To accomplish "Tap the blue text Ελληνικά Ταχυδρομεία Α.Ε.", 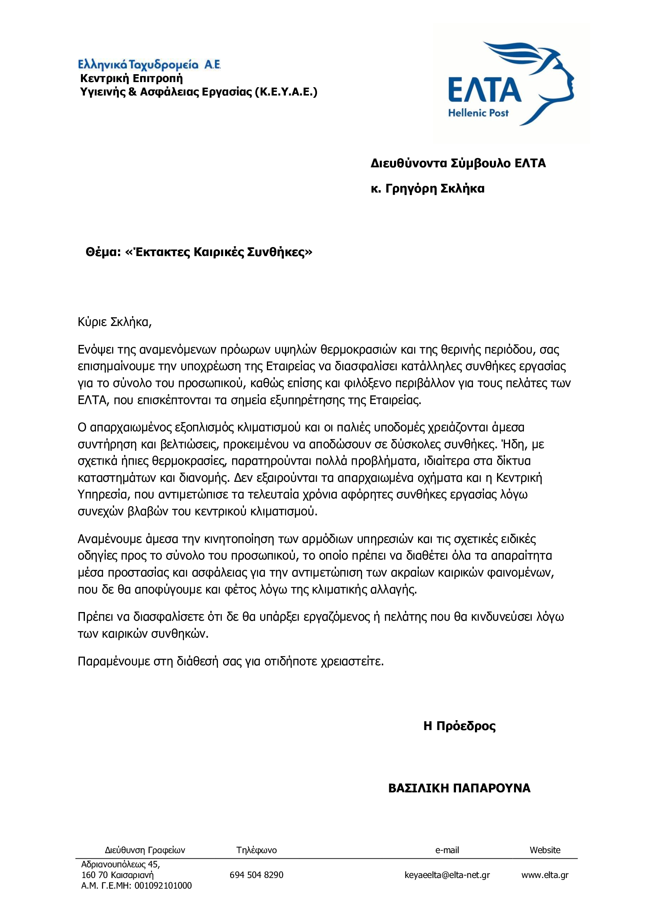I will tap(149, 64).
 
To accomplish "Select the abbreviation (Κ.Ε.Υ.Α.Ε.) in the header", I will tap(286, 92).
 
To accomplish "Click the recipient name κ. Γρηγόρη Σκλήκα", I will tap(428, 189).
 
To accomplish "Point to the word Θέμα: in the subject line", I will tap(103, 253).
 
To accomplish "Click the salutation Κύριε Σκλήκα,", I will tap(114, 322).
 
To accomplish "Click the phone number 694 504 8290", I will tap(257, 875).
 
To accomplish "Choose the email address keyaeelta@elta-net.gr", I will tap(447, 875).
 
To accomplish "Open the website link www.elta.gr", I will tap(545, 875).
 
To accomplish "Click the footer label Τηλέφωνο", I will tap(257, 850).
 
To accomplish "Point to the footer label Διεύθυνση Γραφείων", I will tap(145, 850).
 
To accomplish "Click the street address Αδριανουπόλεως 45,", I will tap(121, 864).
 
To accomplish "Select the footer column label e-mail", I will tap(447, 850).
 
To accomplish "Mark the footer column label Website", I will tap(545, 850).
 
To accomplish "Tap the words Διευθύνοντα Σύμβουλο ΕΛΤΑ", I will tap(458, 163).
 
